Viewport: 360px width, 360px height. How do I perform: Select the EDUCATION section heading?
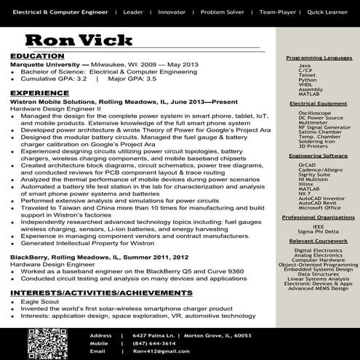pos(38,56)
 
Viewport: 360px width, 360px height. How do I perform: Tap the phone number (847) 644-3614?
pos(155,343)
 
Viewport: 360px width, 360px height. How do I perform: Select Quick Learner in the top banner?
pos(327,12)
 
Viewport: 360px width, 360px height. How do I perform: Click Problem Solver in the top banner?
pos(223,12)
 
